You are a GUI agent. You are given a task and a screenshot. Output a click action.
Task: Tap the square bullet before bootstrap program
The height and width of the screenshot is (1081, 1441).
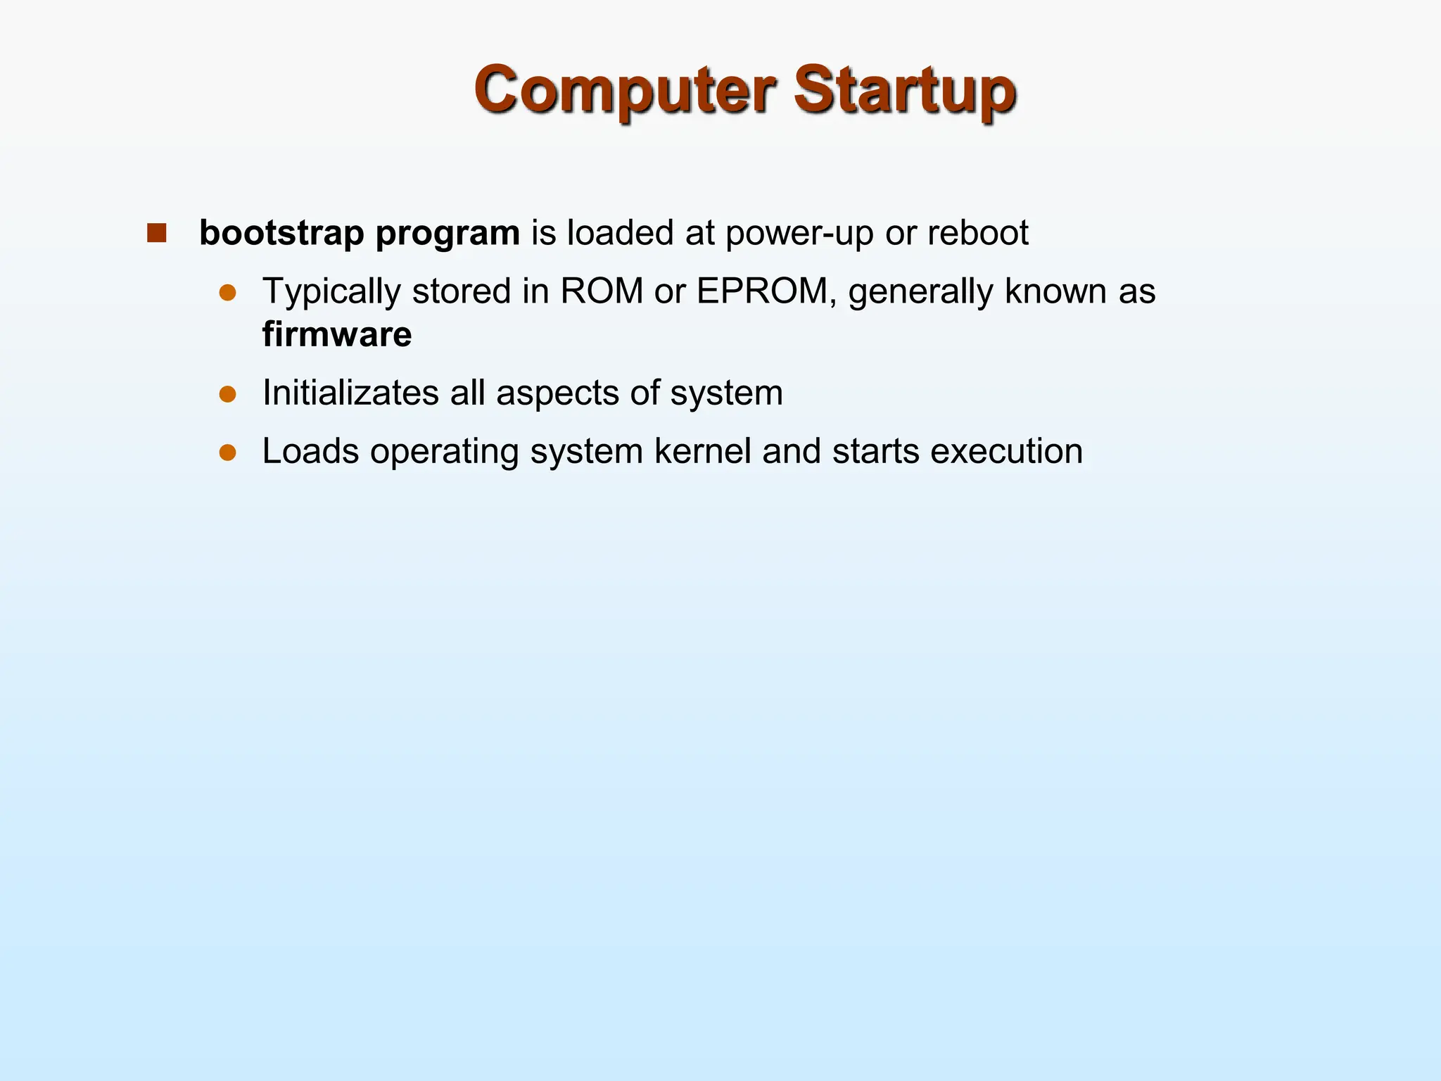[156, 233]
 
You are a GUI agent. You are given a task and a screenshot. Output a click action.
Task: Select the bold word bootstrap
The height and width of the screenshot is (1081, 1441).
[281, 233]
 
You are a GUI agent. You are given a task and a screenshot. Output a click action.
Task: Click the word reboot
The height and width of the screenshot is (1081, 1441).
[977, 233]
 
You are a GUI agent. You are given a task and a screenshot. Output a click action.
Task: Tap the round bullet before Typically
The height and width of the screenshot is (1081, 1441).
[227, 293]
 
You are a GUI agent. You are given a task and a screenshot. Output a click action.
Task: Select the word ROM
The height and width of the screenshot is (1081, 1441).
[602, 291]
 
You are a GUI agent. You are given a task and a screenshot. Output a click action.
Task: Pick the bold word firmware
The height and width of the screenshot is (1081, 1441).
[337, 334]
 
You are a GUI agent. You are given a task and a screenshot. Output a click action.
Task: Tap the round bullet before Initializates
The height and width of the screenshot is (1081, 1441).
[227, 393]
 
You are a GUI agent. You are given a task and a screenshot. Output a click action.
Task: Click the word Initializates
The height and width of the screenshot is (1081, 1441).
[350, 393]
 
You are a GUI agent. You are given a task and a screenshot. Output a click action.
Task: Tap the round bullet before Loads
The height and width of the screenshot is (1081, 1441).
[227, 452]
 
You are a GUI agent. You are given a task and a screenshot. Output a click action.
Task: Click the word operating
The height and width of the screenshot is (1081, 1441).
[445, 453]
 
